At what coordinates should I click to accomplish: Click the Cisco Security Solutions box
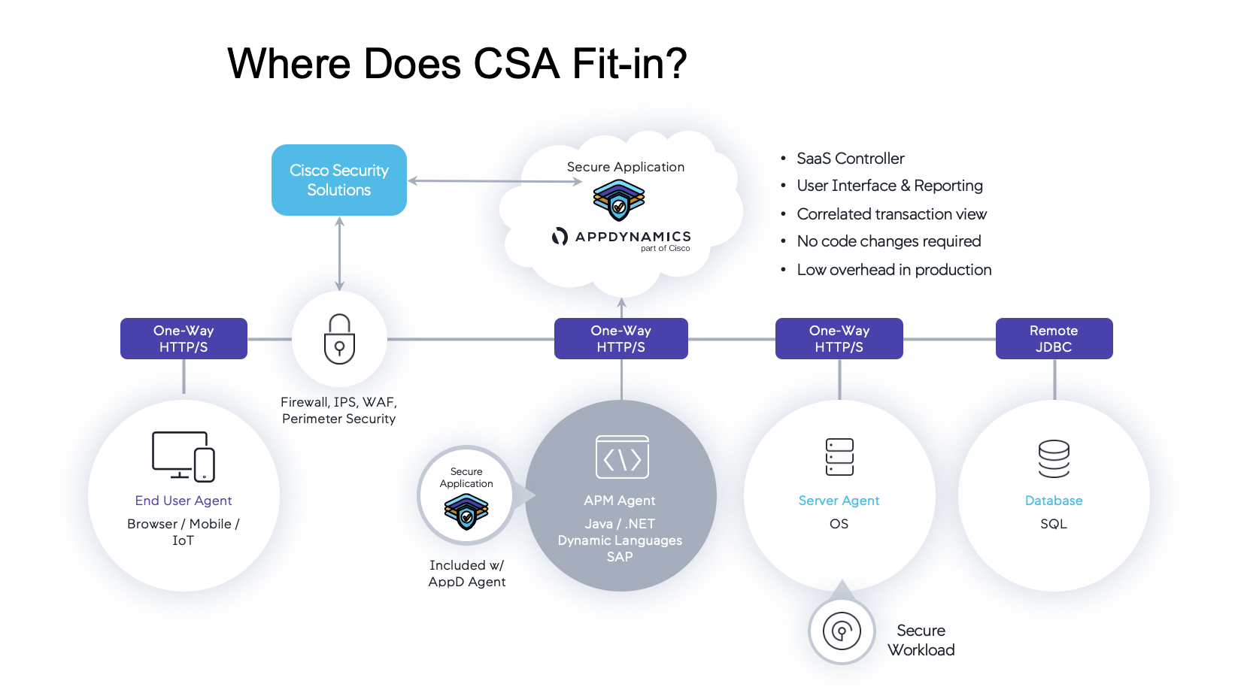pos(338,180)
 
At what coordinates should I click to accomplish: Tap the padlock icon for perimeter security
pos(339,339)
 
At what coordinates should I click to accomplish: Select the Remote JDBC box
pos(1054,339)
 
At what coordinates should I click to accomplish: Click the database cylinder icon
pos(1054,458)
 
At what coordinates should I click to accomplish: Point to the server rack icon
pos(839,457)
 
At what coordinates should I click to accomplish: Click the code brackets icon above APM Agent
pos(622,457)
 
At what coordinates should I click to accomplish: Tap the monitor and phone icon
pos(184,456)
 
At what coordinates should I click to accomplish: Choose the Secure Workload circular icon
pos(842,631)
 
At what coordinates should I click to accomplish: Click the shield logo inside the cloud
pos(618,200)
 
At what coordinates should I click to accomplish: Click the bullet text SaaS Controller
pos(850,159)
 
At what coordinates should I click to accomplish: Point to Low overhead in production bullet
pos(894,270)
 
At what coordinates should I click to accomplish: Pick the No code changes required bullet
pos(888,241)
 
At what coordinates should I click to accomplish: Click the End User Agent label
pos(184,501)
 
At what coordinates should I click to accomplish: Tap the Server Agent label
pos(839,501)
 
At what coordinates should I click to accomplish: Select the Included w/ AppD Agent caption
pos(467,573)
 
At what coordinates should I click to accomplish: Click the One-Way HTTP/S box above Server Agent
pos(839,339)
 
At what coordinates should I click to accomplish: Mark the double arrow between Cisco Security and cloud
pos(494,181)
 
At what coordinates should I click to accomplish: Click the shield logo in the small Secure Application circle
pos(466,512)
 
